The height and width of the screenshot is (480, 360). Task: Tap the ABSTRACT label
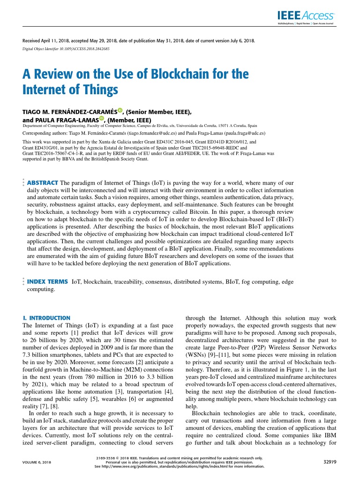pyautogui.click(x=43, y=182)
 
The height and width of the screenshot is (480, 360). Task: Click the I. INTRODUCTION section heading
pyautogui.click(x=47, y=318)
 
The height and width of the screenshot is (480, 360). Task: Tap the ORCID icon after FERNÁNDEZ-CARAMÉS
pyautogui.click(x=120, y=111)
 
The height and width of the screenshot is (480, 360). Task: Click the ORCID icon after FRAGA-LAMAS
pyautogui.click(x=101, y=119)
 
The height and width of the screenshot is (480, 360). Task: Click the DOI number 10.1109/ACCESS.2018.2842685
pyautogui.click(x=84, y=49)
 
